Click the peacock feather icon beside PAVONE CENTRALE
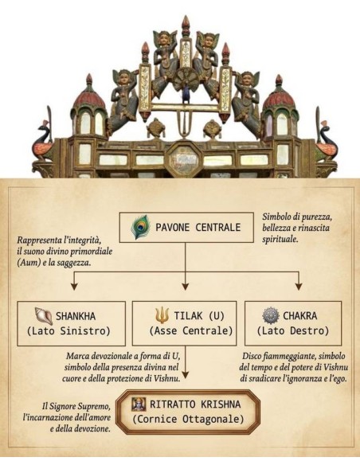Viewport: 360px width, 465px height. (x=140, y=227)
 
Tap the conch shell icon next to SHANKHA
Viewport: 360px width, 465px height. (x=44, y=316)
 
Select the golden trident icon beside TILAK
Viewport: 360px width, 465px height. (x=162, y=315)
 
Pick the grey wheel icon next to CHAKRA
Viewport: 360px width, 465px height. (x=271, y=315)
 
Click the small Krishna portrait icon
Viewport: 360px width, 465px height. (x=139, y=404)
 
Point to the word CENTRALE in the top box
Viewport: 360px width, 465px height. (x=218, y=227)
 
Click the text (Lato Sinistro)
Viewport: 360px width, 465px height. (x=68, y=330)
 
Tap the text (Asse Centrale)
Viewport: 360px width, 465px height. (x=191, y=330)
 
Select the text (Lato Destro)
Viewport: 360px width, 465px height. (x=293, y=330)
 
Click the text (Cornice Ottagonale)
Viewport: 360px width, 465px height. (x=188, y=420)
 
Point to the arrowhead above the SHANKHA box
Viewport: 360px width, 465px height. (x=74, y=286)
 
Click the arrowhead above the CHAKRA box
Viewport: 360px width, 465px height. (x=299, y=286)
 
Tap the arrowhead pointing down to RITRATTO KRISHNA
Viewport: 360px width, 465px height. (x=186, y=374)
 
